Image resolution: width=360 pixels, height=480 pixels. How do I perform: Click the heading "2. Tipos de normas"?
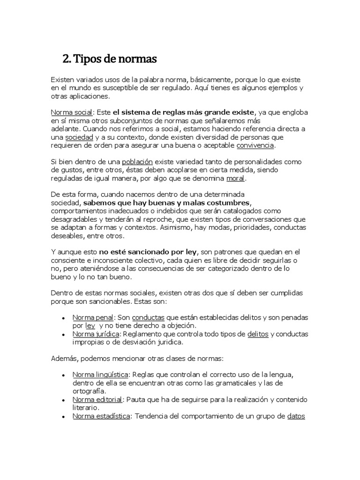pyautogui.click(x=110, y=60)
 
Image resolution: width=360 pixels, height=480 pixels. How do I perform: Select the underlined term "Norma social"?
pyautogui.click(x=72, y=112)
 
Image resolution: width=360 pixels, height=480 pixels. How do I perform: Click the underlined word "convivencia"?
pyautogui.click(x=255, y=145)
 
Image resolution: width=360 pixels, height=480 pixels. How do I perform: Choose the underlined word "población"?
pyautogui.click(x=137, y=162)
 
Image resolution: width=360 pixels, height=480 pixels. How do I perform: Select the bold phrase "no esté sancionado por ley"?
pyautogui.click(x=149, y=252)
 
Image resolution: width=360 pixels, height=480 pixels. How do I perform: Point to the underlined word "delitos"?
pyautogui.click(x=257, y=334)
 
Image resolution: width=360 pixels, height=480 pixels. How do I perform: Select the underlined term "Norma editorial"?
pyautogui.click(x=97, y=399)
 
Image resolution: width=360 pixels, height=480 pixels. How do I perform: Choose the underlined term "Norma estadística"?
pyautogui.click(x=101, y=416)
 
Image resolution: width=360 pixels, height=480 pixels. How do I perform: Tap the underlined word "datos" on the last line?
pyautogui.click(x=296, y=416)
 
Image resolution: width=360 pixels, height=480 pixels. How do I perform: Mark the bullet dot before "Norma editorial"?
pyautogui.click(x=63, y=400)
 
